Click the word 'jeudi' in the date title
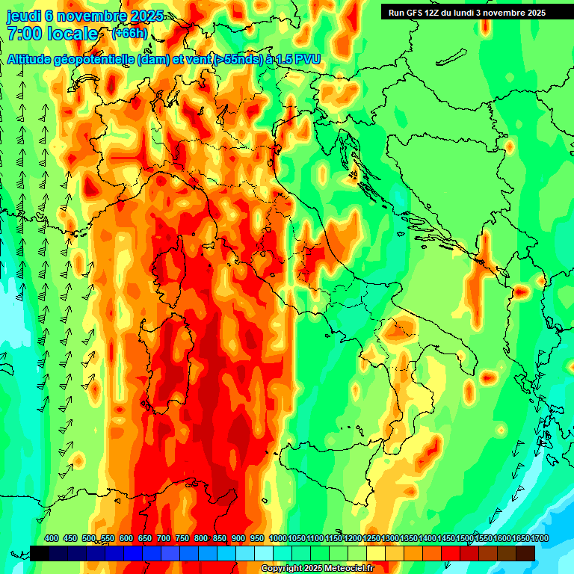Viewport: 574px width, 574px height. [x=23, y=16]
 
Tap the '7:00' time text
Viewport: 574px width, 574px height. [x=24, y=34]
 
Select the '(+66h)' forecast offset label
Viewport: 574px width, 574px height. [x=130, y=34]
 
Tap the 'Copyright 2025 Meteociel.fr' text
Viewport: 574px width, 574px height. [x=317, y=569]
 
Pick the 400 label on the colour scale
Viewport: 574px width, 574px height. [x=52, y=539]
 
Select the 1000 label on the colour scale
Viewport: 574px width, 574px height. [x=278, y=539]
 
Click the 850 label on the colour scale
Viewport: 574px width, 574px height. [x=220, y=539]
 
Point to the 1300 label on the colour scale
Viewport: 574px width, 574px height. [x=390, y=539]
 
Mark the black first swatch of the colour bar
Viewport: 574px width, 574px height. [x=40, y=553]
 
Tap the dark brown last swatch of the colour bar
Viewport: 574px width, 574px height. [x=525, y=553]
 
